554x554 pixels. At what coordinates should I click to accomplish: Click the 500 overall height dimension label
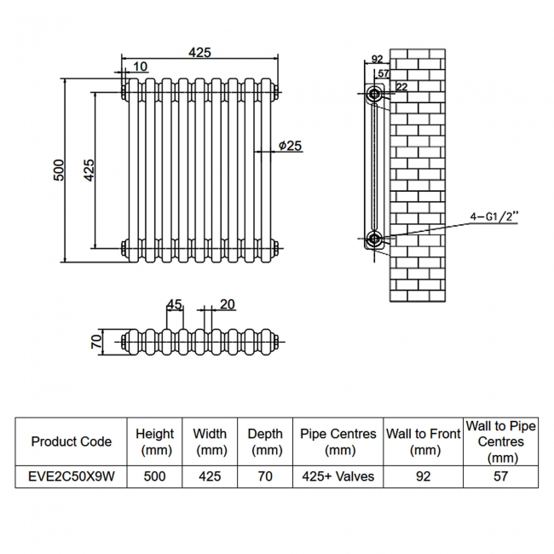point(60,170)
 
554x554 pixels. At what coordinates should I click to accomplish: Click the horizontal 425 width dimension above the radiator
point(199,53)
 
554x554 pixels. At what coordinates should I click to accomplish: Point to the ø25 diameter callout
point(290,146)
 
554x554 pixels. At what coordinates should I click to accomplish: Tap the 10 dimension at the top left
point(140,66)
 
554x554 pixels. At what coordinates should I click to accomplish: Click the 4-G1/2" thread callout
point(493,217)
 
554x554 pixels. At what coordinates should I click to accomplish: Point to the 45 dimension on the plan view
point(175,304)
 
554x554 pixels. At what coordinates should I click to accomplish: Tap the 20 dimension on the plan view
point(227,304)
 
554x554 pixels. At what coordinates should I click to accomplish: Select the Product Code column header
point(71,441)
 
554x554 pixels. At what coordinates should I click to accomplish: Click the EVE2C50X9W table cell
point(71,476)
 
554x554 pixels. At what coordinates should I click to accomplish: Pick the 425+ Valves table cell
point(338,476)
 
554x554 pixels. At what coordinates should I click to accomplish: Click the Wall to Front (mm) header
point(424,441)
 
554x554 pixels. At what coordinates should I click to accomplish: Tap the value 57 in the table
point(500,476)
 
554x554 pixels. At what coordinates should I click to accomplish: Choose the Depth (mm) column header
point(265,441)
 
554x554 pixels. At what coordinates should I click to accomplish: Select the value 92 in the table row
point(424,476)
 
